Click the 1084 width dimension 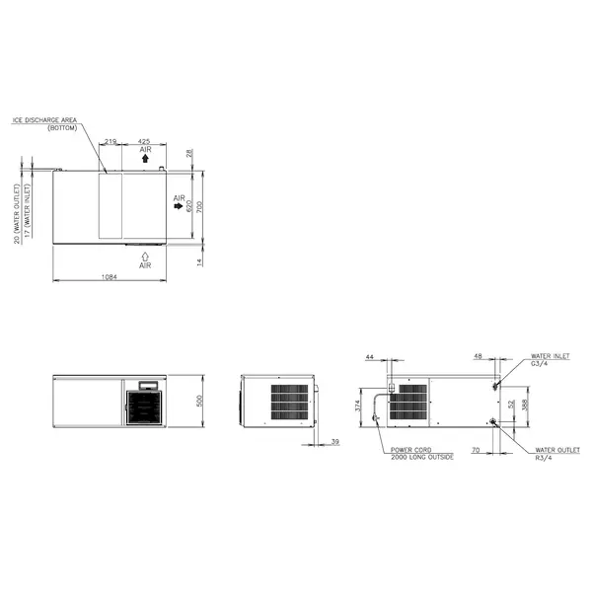[x=110, y=277]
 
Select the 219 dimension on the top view [x=111, y=142]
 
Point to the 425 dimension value [x=144, y=142]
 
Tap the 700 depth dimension [x=198, y=207]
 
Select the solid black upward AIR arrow [x=145, y=158]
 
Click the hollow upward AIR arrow [x=145, y=255]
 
